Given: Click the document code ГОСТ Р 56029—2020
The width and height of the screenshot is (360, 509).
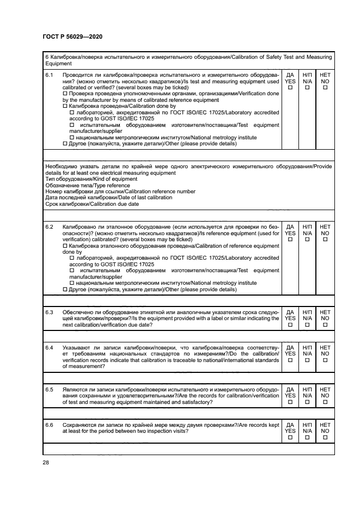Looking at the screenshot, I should tap(72, 36).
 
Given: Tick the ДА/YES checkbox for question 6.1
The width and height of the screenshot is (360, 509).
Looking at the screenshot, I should tap(290, 88).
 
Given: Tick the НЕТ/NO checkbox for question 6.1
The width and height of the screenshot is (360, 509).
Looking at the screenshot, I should tap(325, 88).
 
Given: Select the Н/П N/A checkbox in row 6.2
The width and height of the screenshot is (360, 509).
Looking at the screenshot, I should tap(308, 239).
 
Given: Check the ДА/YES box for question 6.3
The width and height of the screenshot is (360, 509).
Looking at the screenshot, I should tap(290, 325).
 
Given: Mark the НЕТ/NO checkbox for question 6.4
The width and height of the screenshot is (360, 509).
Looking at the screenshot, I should tap(325, 360).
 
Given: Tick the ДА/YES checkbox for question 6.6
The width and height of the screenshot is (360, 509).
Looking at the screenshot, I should tap(290, 437).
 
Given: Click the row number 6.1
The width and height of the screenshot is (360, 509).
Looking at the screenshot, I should tap(50, 75).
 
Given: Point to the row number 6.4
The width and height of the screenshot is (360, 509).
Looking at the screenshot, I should tap(50, 347).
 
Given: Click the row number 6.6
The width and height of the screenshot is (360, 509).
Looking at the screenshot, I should tap(50, 424).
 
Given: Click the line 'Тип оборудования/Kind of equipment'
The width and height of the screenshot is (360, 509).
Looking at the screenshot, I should tap(83, 179).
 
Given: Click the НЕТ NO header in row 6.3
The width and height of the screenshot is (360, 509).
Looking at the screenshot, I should tap(325, 315).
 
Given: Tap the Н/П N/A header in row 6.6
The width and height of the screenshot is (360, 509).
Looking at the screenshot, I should tap(308, 427).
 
